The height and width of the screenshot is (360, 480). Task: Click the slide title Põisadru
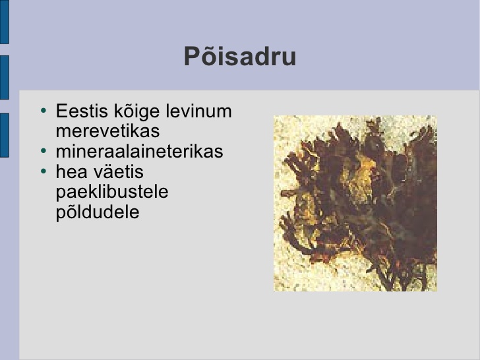point(240,56)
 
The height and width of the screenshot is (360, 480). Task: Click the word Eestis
point(82,111)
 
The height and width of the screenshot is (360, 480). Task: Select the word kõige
point(137,112)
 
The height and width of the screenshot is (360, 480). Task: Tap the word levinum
point(198,111)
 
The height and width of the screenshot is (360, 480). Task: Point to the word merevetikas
point(107,131)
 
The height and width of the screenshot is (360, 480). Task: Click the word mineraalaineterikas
point(139,151)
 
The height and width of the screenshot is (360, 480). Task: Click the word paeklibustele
point(112,193)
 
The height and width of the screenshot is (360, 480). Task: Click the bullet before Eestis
point(44,110)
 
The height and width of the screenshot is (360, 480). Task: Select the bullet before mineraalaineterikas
point(44,150)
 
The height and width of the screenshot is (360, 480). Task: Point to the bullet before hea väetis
point(44,171)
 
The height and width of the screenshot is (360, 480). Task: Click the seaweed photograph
point(355,203)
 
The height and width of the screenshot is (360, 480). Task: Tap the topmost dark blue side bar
point(4,22)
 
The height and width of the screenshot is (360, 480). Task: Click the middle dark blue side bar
point(4,77)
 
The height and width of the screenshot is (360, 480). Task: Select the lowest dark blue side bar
point(4,135)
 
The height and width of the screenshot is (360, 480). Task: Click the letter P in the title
point(192,56)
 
